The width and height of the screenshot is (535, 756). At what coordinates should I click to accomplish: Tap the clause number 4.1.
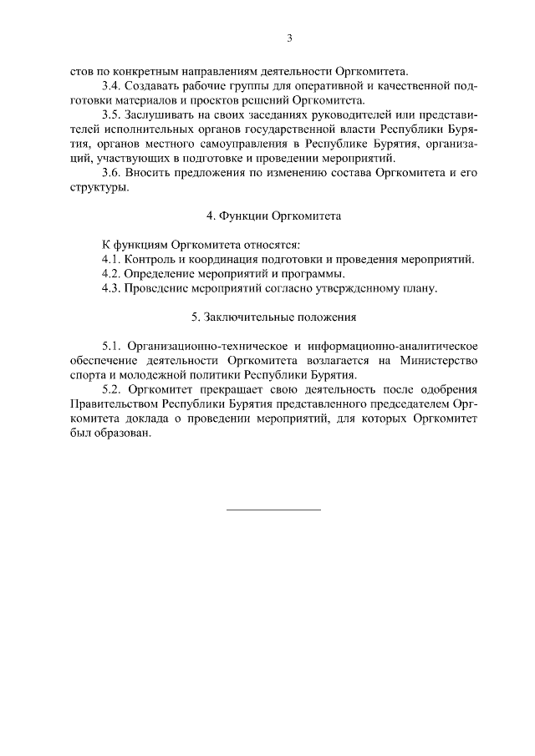pyautogui.click(x=110, y=259)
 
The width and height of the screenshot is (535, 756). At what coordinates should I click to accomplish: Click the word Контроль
pyautogui.click(x=148, y=259)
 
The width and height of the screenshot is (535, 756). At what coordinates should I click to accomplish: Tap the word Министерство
pyautogui.click(x=441, y=360)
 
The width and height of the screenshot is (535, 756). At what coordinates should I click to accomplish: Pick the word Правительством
pyautogui.click(x=115, y=404)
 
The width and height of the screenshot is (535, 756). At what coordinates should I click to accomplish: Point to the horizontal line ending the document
pyautogui.click(x=274, y=509)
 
